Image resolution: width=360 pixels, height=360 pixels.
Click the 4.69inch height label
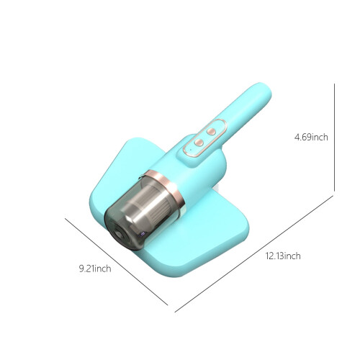pyautogui.click(x=311, y=137)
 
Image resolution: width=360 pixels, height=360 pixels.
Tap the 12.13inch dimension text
pyautogui.click(x=283, y=256)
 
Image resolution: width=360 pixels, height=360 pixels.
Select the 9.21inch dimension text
pyautogui.click(x=95, y=269)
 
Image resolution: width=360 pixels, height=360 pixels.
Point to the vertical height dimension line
pyautogui.click(x=334, y=138)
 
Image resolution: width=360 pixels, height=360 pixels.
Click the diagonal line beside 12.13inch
pyautogui.click(x=254, y=254)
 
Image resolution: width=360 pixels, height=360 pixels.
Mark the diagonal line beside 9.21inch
pyautogui.click(x=116, y=261)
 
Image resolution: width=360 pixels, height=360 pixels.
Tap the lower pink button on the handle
pyautogui.click(x=199, y=143)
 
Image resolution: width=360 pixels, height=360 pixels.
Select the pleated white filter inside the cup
pyautogui.click(x=157, y=202)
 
